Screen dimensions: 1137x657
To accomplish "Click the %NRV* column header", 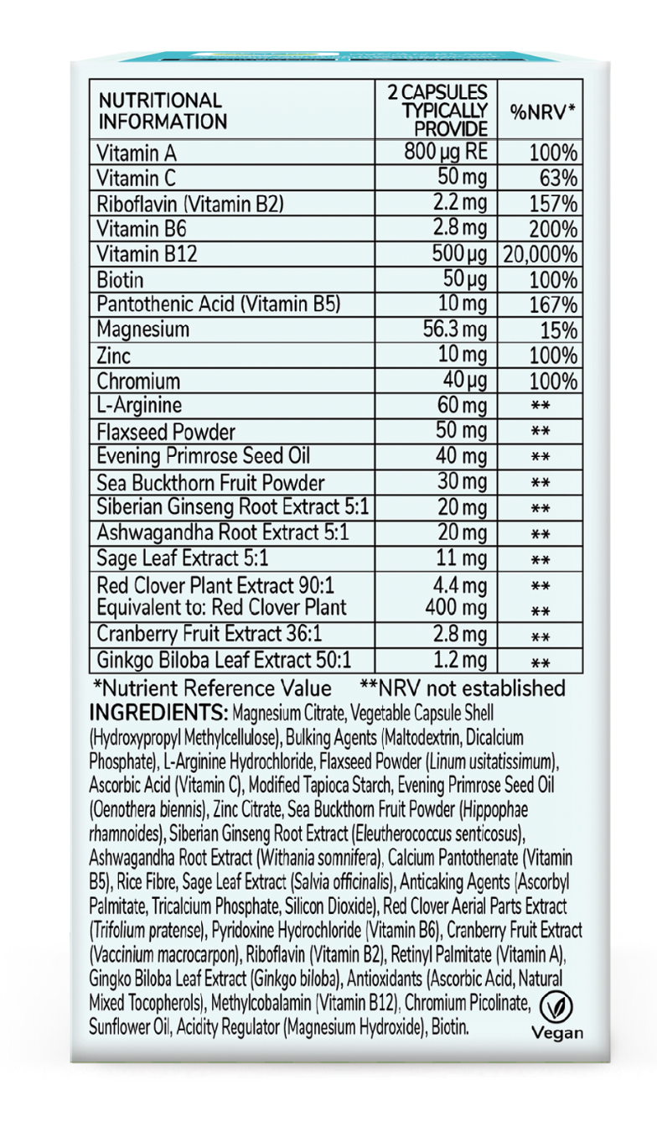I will pyautogui.click(x=541, y=112).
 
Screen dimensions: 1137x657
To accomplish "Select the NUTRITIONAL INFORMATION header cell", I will pyautogui.click(x=162, y=112).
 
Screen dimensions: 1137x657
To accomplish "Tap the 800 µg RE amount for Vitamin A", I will pyautogui.click(x=445, y=153).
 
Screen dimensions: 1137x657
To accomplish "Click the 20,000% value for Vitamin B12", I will pyautogui.click(x=541, y=254).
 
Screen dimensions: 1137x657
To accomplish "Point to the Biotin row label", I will pyautogui.click(x=121, y=279).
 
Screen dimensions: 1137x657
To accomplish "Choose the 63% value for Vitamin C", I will pyautogui.click(x=558, y=179).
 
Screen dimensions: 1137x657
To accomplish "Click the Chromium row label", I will pyautogui.click(x=138, y=382).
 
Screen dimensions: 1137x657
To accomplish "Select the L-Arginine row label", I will pyautogui.click(x=139, y=407).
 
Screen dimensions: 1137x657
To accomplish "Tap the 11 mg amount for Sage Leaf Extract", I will pyautogui.click(x=463, y=558).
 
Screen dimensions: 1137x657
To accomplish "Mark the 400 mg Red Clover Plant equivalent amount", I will pyautogui.click(x=456, y=606).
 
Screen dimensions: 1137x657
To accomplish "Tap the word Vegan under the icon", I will pyautogui.click(x=557, y=1033).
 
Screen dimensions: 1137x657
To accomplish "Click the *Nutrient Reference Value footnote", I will pyautogui.click(x=213, y=688).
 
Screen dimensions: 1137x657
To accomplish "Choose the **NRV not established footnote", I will pyautogui.click(x=462, y=688).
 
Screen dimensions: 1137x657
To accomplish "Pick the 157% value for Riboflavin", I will pyautogui.click(x=553, y=204).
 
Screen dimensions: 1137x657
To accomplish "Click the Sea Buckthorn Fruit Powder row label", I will pyautogui.click(x=210, y=483).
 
